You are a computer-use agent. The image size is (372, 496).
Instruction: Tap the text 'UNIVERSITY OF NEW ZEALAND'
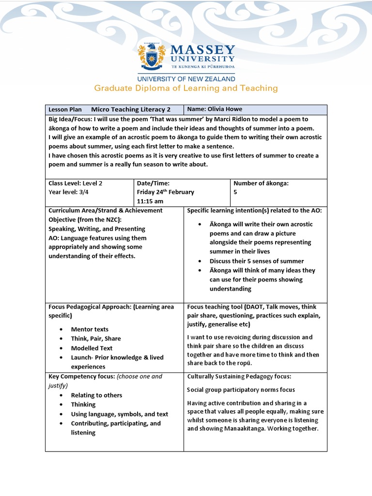[186, 78]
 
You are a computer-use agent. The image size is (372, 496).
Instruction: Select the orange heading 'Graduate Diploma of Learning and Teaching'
[186, 88]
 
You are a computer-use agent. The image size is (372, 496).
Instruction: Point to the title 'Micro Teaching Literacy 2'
[131, 109]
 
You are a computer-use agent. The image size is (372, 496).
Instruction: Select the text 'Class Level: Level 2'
[75, 183]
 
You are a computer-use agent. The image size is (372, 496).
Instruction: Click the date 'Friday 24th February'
[165, 192]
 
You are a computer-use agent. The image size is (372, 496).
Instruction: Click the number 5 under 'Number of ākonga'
[235, 192]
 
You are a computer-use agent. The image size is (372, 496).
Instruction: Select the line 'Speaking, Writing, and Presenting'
[96, 229]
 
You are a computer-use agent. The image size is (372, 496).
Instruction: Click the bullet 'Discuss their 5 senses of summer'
[257, 261]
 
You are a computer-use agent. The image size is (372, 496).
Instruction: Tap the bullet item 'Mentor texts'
[90, 329]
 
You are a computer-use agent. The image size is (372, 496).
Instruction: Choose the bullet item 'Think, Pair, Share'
[96, 339]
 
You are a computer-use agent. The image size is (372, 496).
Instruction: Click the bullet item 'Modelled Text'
[92, 348]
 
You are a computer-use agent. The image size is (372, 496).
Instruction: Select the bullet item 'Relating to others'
[96, 395]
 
